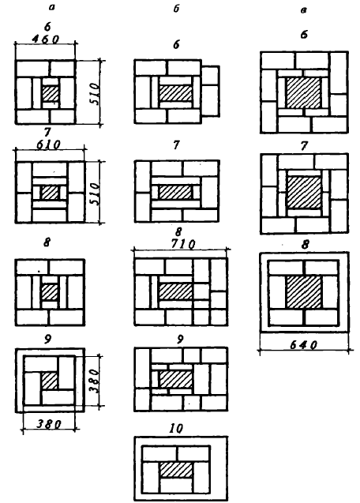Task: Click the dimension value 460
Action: click(46, 39)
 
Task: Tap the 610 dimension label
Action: click(48, 145)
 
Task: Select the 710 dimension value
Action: click(183, 245)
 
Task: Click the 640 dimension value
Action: click(303, 345)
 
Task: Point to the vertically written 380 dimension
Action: click(93, 381)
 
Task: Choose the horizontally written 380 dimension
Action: click(48, 424)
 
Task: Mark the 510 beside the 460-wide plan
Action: click(94, 93)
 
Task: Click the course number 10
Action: click(176, 428)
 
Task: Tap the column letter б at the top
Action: click(176, 9)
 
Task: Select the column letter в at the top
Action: click(303, 10)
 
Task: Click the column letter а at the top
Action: click(51, 7)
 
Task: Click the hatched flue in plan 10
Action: click(176, 471)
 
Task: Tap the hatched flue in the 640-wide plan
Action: click(303, 292)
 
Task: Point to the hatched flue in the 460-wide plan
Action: click(51, 94)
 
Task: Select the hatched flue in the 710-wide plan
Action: click(176, 291)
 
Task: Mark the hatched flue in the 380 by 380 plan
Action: click(50, 381)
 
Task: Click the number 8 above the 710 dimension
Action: click(178, 231)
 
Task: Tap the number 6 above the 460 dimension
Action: click(47, 27)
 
